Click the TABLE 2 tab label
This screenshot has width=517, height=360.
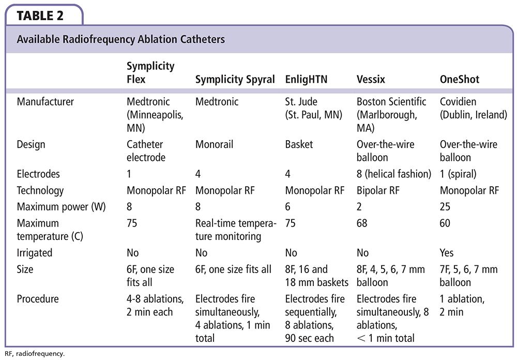[x=40, y=15]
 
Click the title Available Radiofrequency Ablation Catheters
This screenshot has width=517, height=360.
[x=121, y=39]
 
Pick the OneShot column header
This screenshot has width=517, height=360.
[x=459, y=79]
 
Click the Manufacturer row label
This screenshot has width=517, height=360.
[x=45, y=102]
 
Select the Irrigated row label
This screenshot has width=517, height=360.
[x=35, y=253]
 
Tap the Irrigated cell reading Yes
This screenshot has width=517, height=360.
[x=447, y=253]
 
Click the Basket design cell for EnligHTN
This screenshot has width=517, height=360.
[x=299, y=144]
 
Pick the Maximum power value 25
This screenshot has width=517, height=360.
[x=445, y=207]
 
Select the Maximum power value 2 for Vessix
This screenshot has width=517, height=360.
[x=360, y=207]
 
